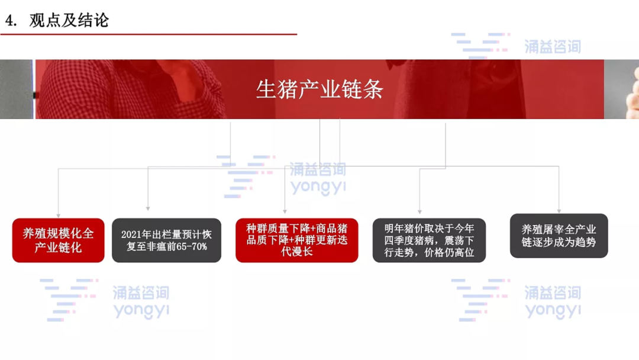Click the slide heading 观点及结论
[69, 20]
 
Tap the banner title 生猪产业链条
[319, 89]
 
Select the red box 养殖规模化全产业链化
[58, 240]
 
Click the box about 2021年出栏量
[167, 240]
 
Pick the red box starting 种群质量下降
[296, 240]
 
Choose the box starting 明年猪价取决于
[429, 240]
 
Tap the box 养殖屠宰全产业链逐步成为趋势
[559, 236]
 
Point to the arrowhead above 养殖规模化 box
[58, 216]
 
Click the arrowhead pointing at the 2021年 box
[148, 208]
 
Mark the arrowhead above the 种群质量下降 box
[285, 211]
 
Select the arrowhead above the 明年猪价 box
[419, 212]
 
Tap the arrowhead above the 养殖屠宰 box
[559, 211]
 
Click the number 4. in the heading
[11, 20]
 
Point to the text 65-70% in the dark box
[192, 246]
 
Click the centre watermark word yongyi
[318, 187]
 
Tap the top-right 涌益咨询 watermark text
[553, 46]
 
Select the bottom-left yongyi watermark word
[141, 310]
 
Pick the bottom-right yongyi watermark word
[553, 310]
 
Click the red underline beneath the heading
[149, 34]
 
